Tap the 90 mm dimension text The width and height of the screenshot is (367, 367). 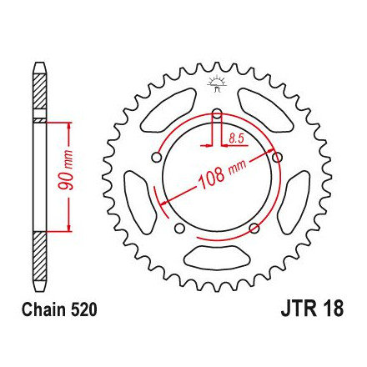[x=66, y=170]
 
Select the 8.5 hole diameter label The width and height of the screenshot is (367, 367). [x=236, y=138]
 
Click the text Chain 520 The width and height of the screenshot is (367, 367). [x=59, y=309]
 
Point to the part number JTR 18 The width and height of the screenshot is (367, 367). [x=312, y=309]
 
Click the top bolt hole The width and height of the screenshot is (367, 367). [x=217, y=113]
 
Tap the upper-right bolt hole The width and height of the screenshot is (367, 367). [x=277, y=158]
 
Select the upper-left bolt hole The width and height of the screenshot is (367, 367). [x=157, y=158]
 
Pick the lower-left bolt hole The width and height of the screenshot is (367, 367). [x=180, y=229]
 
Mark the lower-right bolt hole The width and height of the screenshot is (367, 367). [x=254, y=229]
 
